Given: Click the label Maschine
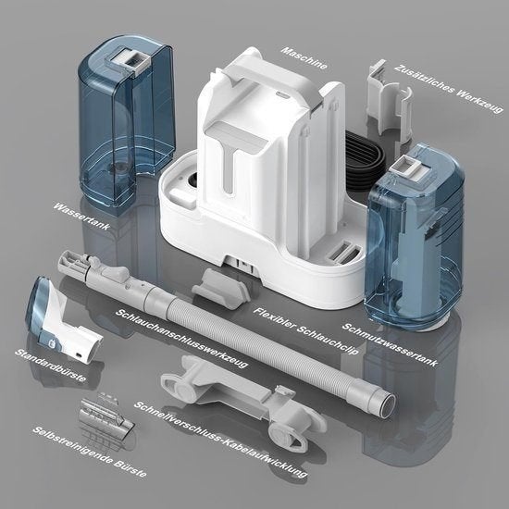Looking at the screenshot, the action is [304, 58].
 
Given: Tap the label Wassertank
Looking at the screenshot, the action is [81, 217].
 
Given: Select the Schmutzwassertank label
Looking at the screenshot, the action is [391, 345].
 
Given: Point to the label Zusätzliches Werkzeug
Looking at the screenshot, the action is [449, 89].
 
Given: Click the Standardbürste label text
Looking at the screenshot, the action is [51, 366].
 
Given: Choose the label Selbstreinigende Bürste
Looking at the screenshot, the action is [89, 452].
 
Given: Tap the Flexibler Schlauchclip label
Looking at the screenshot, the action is [306, 331].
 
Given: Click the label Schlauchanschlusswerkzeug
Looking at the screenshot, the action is [182, 339].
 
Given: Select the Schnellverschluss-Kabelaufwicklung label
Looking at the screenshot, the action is [221, 440].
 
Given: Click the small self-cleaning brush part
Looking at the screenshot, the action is [106, 416].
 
